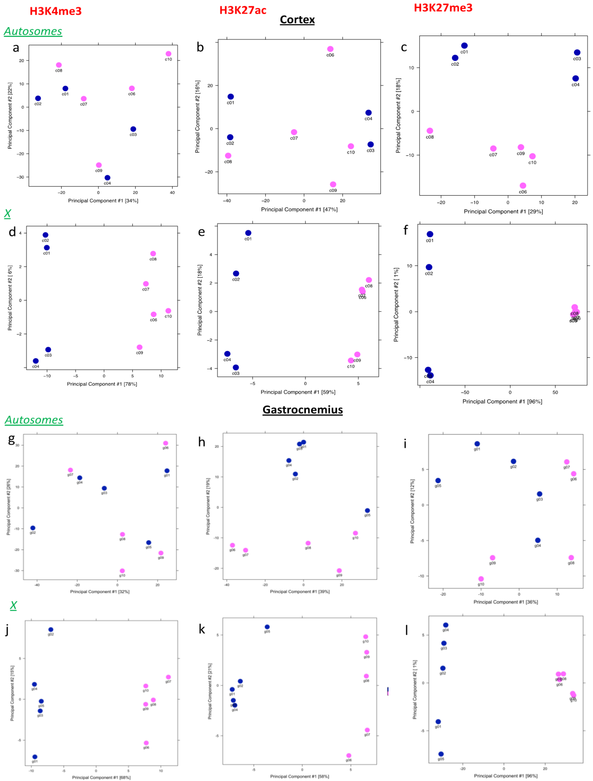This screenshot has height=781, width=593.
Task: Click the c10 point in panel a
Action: tap(169, 54)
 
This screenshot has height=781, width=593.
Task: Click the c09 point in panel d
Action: tap(140, 347)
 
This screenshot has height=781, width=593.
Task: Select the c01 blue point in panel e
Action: tap(248, 233)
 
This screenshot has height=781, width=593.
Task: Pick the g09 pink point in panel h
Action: tap(339, 571)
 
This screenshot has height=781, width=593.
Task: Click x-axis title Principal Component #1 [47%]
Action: tap(299, 209)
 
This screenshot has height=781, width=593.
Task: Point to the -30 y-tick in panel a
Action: tap(21, 177)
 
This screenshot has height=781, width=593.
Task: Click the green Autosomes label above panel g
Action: tap(34, 420)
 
